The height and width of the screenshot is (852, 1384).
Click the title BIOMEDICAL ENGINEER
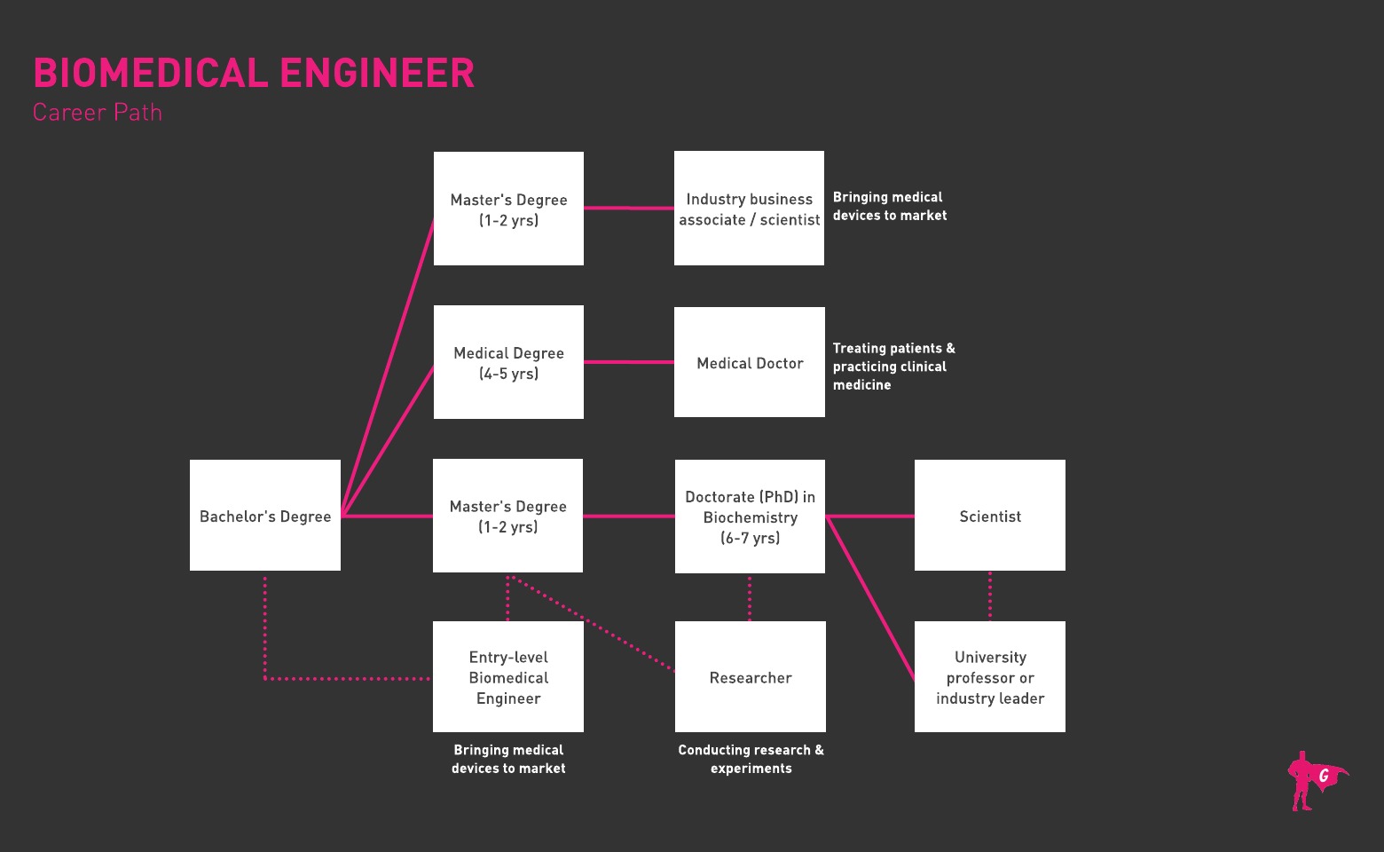(254, 73)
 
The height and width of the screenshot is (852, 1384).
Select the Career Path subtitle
(98, 113)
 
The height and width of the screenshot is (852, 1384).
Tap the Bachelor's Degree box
(265, 516)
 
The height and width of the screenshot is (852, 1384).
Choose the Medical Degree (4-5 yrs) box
(508, 362)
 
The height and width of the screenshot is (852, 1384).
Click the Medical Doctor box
(750, 362)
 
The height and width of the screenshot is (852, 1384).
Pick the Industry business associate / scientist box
(750, 209)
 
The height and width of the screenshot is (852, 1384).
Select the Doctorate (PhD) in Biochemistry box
(750, 517)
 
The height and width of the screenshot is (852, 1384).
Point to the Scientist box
(990, 516)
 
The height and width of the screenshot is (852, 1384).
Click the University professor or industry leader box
(990, 677)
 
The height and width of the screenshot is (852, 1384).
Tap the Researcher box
(750, 677)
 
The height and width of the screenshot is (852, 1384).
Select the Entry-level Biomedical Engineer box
(508, 677)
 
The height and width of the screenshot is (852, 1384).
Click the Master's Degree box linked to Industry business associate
(508, 209)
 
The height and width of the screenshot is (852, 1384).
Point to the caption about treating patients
(893, 367)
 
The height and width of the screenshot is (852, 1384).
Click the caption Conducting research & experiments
(751, 759)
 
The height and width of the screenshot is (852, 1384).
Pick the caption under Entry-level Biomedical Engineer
(508, 759)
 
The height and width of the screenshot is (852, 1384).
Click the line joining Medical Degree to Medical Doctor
(628, 362)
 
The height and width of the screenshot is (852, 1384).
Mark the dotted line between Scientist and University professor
(990, 596)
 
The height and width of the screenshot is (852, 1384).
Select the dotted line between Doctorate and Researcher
(750, 597)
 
